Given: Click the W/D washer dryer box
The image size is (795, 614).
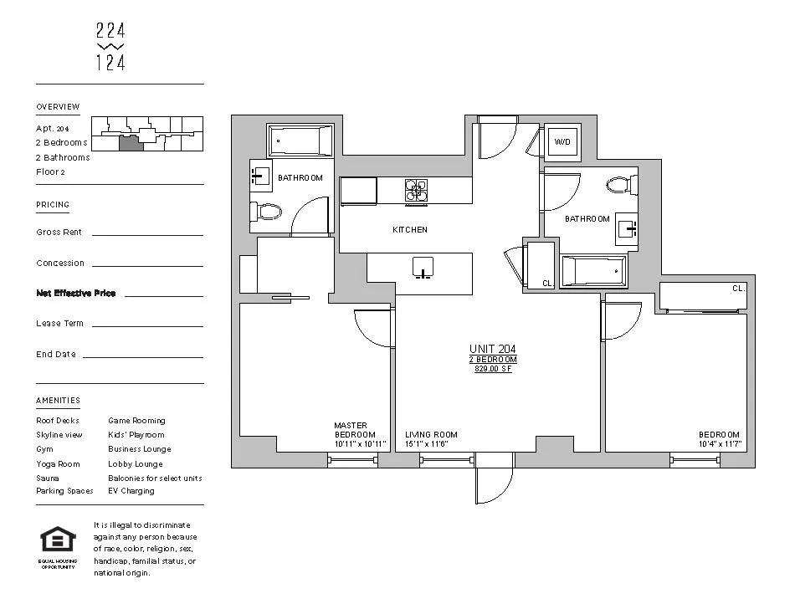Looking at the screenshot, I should point(562,141).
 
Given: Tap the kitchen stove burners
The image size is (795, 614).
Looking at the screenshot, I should point(417,192).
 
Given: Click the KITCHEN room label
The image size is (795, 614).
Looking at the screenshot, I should point(410,229).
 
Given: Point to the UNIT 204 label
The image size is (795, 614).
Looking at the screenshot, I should point(492,349).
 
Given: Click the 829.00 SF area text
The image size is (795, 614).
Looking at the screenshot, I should point(492,368).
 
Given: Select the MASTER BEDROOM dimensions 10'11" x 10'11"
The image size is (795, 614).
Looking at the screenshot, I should point(360,444).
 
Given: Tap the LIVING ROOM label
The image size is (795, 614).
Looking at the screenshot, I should point(431,435).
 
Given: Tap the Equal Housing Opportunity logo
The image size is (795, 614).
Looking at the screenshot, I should point(58,542).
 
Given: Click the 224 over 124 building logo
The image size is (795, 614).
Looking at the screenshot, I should point(110,46).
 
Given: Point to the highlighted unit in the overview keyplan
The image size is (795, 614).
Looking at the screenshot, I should point(131,143).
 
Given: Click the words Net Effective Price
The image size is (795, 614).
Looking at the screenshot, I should point(76,294).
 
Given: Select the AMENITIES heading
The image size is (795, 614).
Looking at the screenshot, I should point(58,401).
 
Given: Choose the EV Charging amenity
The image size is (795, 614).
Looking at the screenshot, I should point(131,491).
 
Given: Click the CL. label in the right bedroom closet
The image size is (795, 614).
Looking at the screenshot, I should point(737,288).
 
